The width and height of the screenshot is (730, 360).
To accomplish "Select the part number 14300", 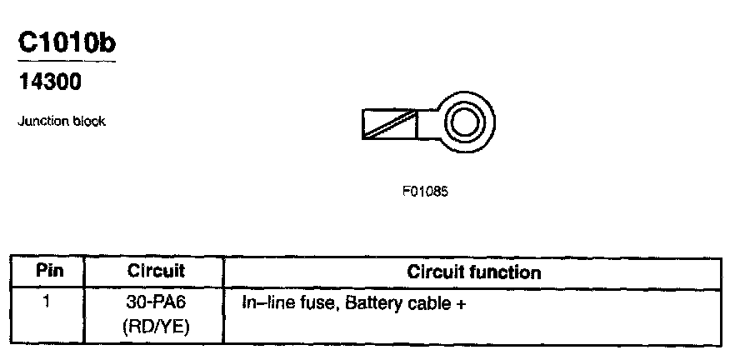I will coord(49,82).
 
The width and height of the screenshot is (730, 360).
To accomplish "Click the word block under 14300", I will coord(88,122).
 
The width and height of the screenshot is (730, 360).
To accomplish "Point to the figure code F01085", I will coord(425,191).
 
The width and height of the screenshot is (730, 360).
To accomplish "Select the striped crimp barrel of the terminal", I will coord(389,125).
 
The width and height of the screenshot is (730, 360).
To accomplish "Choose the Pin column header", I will coord(48,272).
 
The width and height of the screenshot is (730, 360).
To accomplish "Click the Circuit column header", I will coord(156,272).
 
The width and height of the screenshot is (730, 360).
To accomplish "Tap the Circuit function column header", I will coord(473,272).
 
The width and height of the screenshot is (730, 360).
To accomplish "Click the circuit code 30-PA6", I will coord(156,302).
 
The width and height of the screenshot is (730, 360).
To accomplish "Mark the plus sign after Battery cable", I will coord(459,304).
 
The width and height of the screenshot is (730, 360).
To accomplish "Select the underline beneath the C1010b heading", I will coord(66,61).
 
